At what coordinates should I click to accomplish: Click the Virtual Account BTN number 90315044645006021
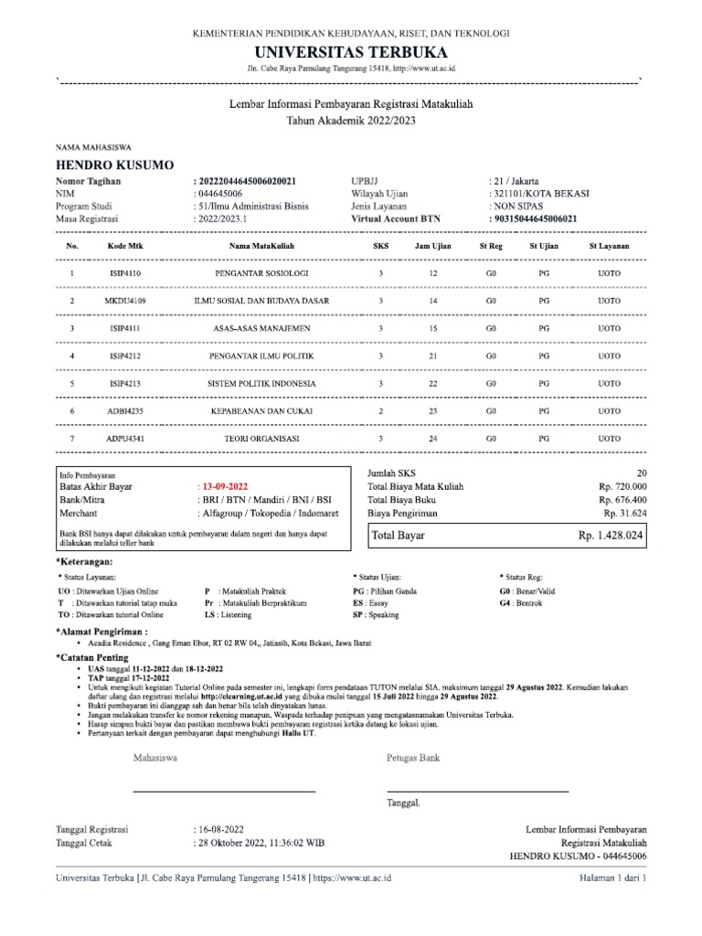click(540, 219)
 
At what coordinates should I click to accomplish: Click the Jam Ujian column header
click(433, 247)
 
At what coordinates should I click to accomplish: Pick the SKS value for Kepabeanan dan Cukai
click(380, 411)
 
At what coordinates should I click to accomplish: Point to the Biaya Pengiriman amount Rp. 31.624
click(625, 514)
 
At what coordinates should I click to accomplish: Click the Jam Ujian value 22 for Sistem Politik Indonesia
click(433, 383)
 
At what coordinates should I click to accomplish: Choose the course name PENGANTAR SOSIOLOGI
click(261, 273)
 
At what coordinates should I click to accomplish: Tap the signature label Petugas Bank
click(414, 758)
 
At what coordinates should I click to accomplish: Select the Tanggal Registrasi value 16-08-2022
click(220, 829)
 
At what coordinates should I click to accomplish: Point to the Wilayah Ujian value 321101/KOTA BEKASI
click(540, 194)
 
